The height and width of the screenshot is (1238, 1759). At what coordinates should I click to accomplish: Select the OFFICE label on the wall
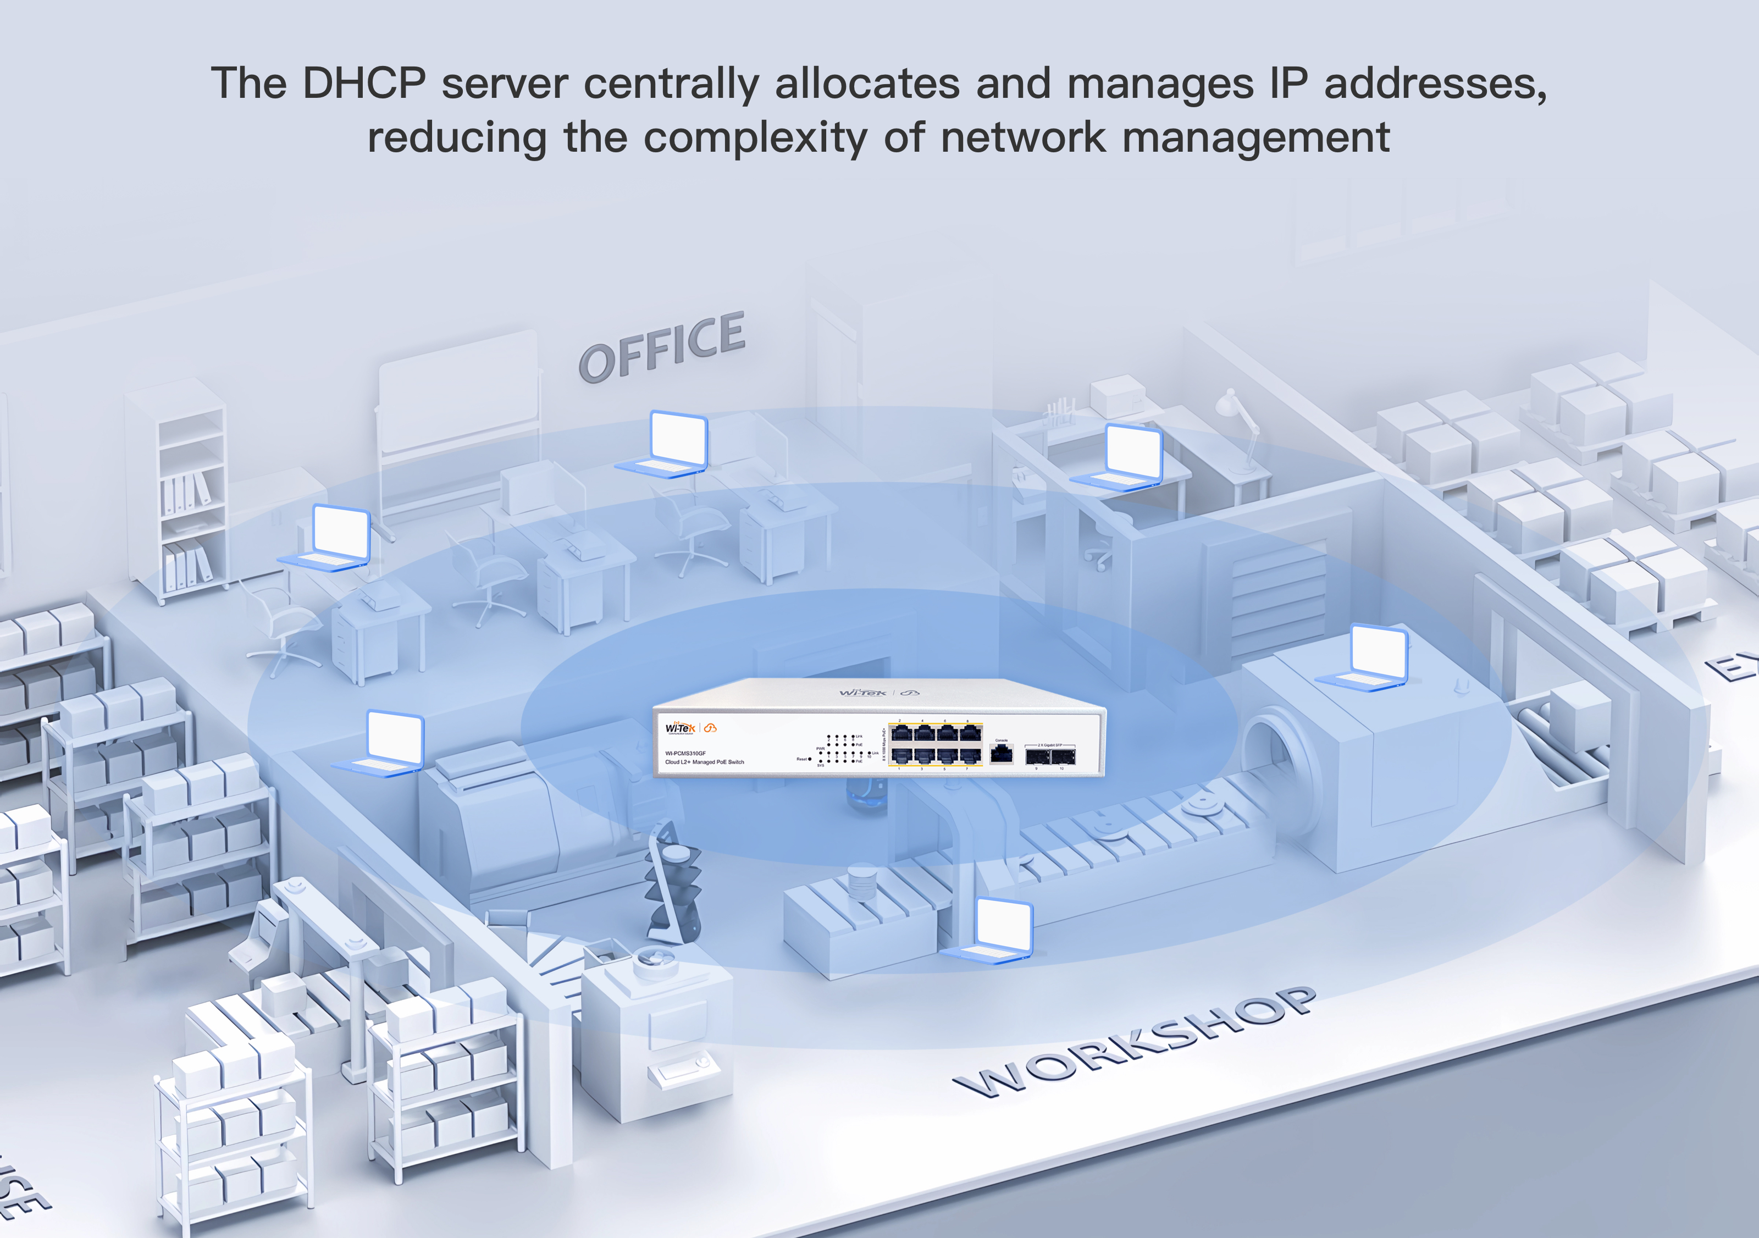pyautogui.click(x=661, y=348)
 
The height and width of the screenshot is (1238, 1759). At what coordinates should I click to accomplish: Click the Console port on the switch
pyautogui.click(x=1002, y=754)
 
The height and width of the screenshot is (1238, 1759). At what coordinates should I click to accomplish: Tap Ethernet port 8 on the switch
pyautogui.click(x=971, y=733)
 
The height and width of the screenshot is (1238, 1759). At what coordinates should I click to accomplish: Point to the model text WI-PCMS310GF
pyautogui.click(x=685, y=753)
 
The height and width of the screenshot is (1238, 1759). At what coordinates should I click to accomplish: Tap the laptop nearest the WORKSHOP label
pyautogui.click(x=992, y=930)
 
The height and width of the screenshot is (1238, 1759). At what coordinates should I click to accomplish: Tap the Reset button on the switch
pyautogui.click(x=810, y=759)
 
